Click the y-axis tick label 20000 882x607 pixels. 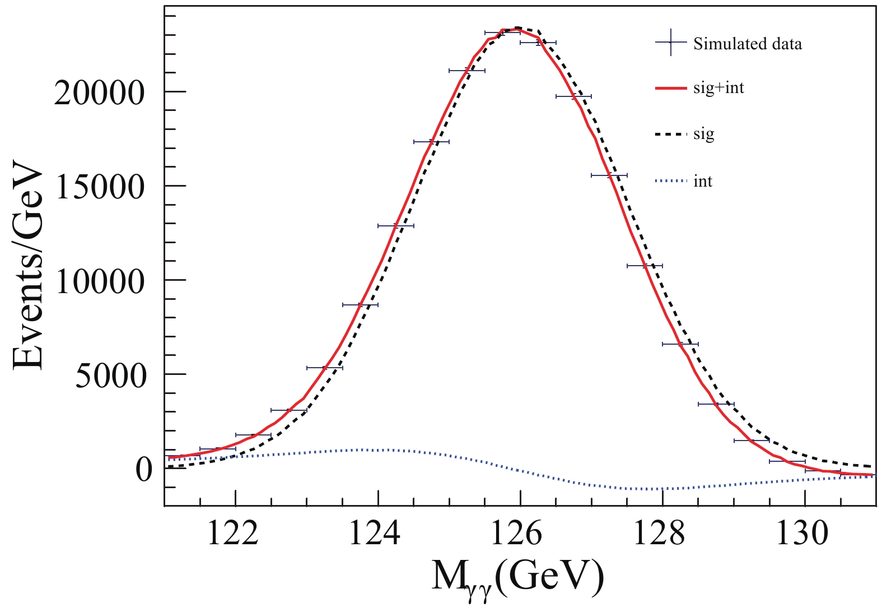[100, 93]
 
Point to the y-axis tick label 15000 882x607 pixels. [100, 187]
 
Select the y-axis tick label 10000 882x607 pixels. [100, 281]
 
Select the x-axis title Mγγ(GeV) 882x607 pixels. [518, 577]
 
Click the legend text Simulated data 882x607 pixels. [748, 44]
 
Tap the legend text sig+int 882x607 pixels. [718, 89]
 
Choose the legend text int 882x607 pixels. [703, 182]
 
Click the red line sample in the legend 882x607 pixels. [670, 88]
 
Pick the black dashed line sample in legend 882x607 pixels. [670, 135]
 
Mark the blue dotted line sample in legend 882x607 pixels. [670, 181]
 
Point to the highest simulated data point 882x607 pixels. [502, 33]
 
